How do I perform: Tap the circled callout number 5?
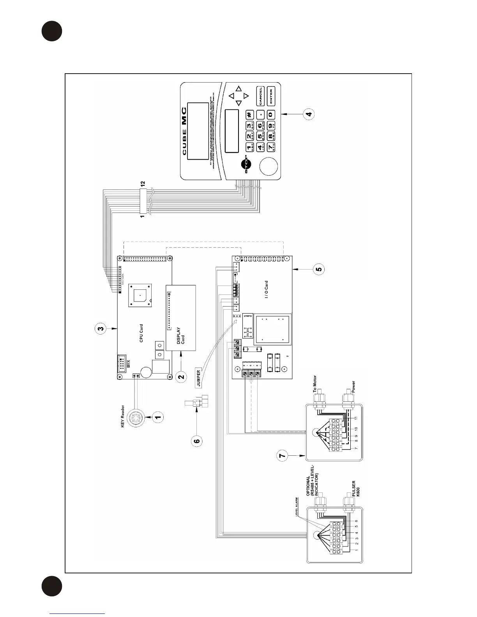click(319, 269)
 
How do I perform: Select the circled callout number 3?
click(101, 329)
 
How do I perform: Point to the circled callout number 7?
click(284, 455)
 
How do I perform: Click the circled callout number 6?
click(197, 441)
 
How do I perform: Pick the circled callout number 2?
click(181, 376)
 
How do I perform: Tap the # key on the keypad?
click(249, 115)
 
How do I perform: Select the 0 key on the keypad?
click(271, 115)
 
